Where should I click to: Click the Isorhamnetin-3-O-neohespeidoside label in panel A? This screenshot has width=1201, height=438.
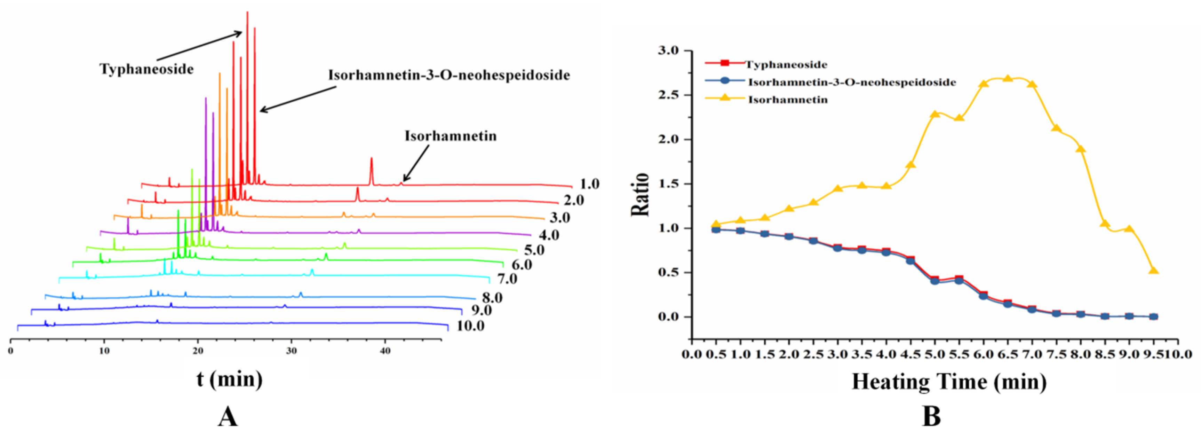[x=449, y=75]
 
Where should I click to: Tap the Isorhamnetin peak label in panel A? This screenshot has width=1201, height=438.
[x=450, y=136]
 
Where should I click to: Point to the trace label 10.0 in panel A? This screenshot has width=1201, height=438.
[x=470, y=326]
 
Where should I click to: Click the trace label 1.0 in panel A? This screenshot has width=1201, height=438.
[x=589, y=184]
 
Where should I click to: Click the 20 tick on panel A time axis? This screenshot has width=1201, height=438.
[x=198, y=351]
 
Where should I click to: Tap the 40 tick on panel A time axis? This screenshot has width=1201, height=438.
[x=385, y=351]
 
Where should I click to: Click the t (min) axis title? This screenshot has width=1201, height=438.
[x=229, y=379]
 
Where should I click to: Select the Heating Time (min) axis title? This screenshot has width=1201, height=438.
[x=949, y=382]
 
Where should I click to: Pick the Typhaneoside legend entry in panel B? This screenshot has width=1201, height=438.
[x=786, y=64]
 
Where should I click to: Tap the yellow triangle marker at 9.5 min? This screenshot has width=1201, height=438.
[x=1153, y=271]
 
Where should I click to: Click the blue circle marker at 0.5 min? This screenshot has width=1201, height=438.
[x=716, y=229]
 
